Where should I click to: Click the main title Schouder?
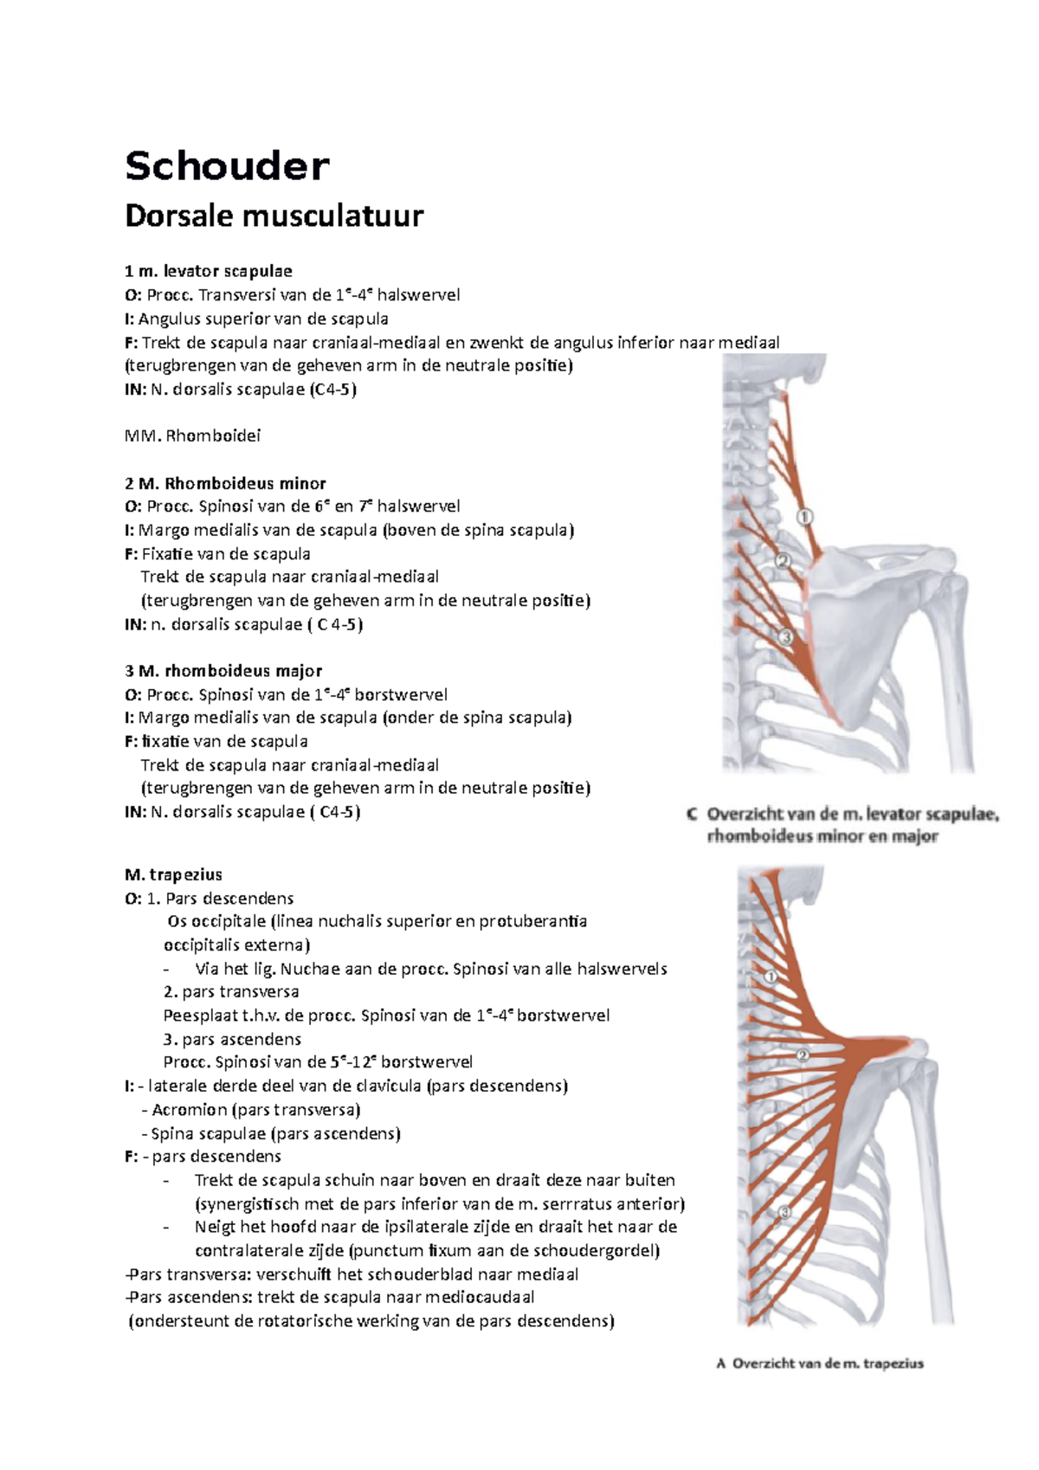(227, 165)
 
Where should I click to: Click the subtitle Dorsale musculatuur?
(274, 216)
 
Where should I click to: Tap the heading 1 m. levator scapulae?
(208, 271)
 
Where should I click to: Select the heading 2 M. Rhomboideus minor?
(225, 483)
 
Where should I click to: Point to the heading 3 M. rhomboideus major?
(223, 671)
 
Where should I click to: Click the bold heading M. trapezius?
(173, 874)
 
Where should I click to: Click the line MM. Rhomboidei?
(192, 435)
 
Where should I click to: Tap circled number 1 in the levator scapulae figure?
(804, 517)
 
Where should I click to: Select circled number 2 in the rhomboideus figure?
(783, 561)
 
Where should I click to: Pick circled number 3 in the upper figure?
(785, 637)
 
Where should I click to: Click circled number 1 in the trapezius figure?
(771, 977)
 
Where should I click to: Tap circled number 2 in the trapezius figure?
(803, 1055)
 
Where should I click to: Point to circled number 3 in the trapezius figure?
(784, 1212)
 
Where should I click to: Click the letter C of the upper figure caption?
(692, 814)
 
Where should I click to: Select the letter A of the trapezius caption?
(720, 1364)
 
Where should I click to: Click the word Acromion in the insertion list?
(190, 1110)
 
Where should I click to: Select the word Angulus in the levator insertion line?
(170, 319)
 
